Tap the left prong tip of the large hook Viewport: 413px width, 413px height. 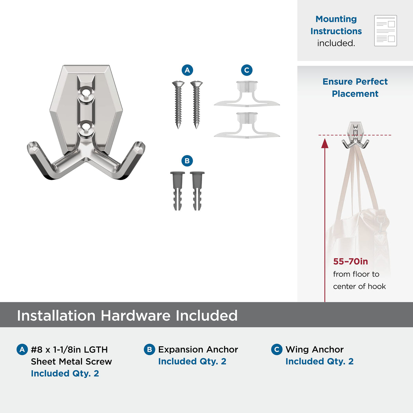click(x=33, y=146)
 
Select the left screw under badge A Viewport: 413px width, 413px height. click(x=178, y=105)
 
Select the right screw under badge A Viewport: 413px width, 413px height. click(x=196, y=105)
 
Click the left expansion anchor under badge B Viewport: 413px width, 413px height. click(x=178, y=191)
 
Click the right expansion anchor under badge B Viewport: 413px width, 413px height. click(x=197, y=191)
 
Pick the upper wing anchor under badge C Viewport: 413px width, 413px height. click(x=247, y=94)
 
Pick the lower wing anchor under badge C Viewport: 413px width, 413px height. click(x=247, y=125)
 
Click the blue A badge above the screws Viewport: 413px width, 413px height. click(x=187, y=70)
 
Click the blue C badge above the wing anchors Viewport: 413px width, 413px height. click(x=247, y=70)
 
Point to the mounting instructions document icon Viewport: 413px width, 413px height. click(x=385, y=31)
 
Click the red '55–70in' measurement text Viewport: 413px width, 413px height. click(x=350, y=262)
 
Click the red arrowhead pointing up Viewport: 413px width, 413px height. click(x=325, y=143)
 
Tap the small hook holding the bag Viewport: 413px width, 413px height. click(x=355, y=136)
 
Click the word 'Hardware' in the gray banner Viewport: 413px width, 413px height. click(x=136, y=316)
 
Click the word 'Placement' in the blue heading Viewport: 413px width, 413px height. click(x=355, y=94)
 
